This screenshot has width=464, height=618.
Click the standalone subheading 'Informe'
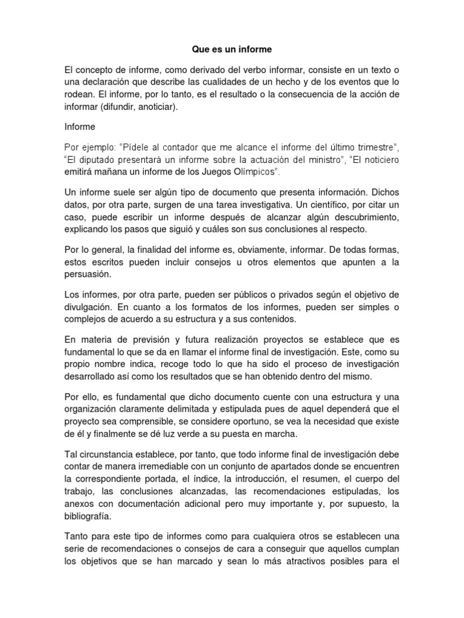[80, 127]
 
